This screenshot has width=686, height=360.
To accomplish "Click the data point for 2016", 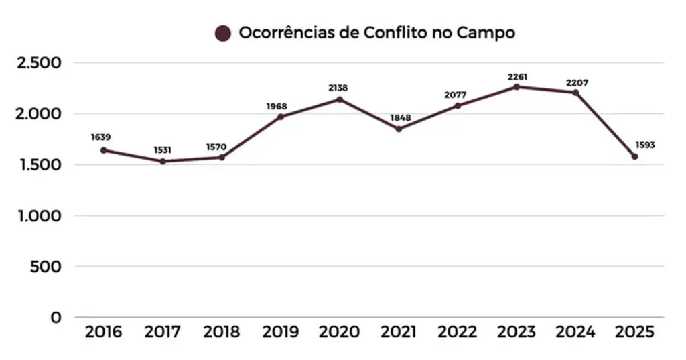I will click(103, 150).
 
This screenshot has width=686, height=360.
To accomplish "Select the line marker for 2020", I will click(340, 99).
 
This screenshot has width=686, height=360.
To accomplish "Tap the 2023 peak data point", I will click(517, 86).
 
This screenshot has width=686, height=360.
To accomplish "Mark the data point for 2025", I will click(634, 157).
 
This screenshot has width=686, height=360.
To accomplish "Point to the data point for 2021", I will click(399, 129).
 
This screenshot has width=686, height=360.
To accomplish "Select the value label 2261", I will click(517, 77).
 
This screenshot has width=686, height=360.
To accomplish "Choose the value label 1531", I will click(163, 149).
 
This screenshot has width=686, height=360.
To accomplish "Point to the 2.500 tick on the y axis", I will click(39, 63).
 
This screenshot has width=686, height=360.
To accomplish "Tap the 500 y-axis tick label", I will click(47, 267).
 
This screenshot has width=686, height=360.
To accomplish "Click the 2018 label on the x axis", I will click(221, 332).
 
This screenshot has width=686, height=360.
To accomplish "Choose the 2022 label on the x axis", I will click(458, 332).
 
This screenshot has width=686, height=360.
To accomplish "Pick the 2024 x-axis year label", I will click(575, 332).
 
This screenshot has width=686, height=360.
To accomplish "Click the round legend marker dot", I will click(222, 33).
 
